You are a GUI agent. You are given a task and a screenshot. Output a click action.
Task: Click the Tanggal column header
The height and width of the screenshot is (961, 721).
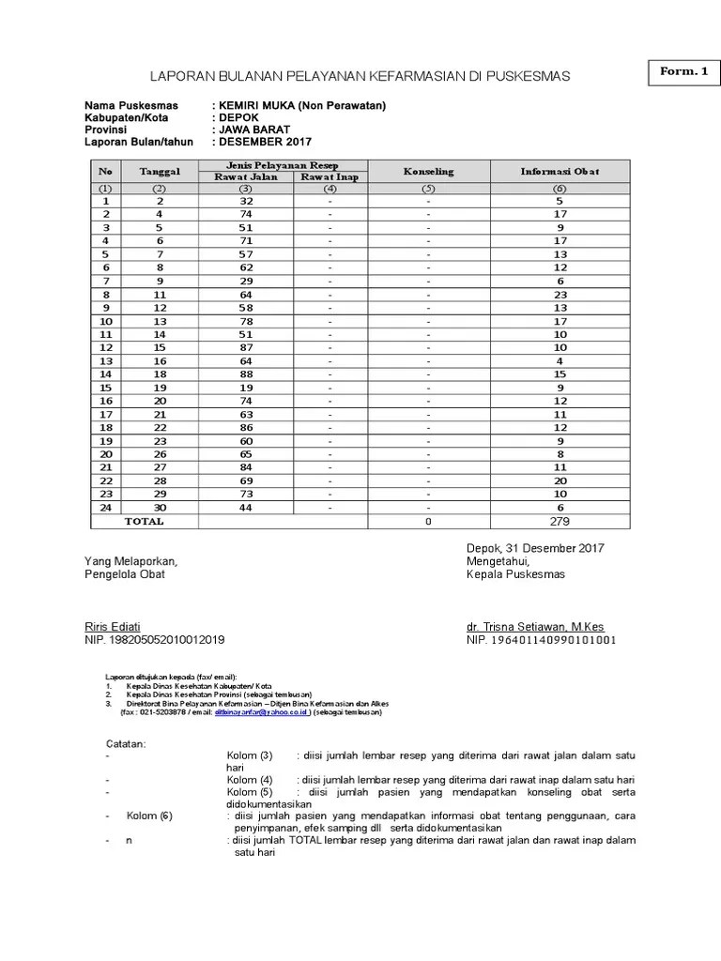point(159,172)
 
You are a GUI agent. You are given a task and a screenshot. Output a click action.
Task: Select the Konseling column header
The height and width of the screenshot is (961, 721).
point(428,172)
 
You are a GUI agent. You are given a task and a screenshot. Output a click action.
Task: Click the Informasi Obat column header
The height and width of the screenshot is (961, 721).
point(560,172)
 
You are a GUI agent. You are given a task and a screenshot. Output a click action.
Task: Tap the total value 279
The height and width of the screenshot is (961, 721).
point(560,521)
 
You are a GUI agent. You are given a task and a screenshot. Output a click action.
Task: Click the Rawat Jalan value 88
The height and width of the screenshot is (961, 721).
point(247,374)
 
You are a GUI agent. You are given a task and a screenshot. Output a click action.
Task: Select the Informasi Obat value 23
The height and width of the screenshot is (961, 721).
point(560,294)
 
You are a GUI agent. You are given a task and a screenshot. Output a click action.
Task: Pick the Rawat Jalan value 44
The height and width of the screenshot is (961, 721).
point(247,508)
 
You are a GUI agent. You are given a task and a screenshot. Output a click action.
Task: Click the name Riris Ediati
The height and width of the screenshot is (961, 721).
point(113,627)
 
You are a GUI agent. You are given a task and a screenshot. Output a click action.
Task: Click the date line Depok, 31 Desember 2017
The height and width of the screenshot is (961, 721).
point(535,548)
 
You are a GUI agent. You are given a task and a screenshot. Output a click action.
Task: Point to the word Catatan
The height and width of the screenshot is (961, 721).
point(126,744)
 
